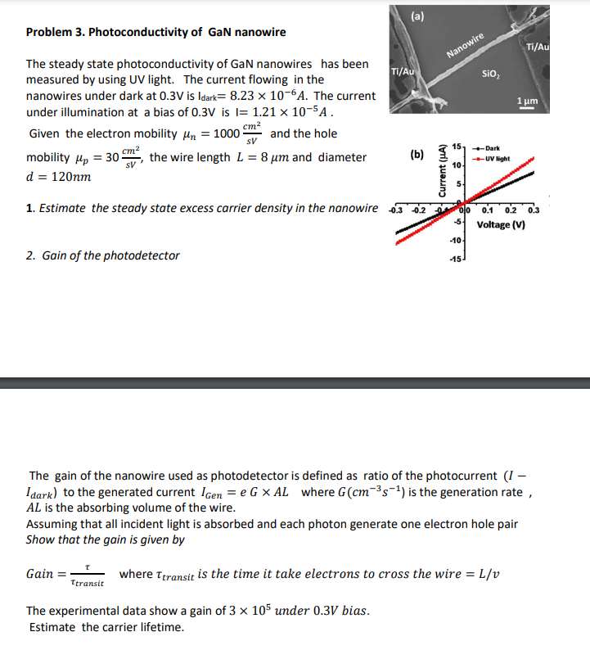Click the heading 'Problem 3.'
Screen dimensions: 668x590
(x=55, y=33)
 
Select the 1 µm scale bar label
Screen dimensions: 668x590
(x=526, y=100)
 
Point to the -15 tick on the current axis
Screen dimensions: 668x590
(x=452, y=261)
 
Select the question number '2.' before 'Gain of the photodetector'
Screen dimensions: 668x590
(x=29, y=255)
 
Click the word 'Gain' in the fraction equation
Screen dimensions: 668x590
(x=39, y=574)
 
